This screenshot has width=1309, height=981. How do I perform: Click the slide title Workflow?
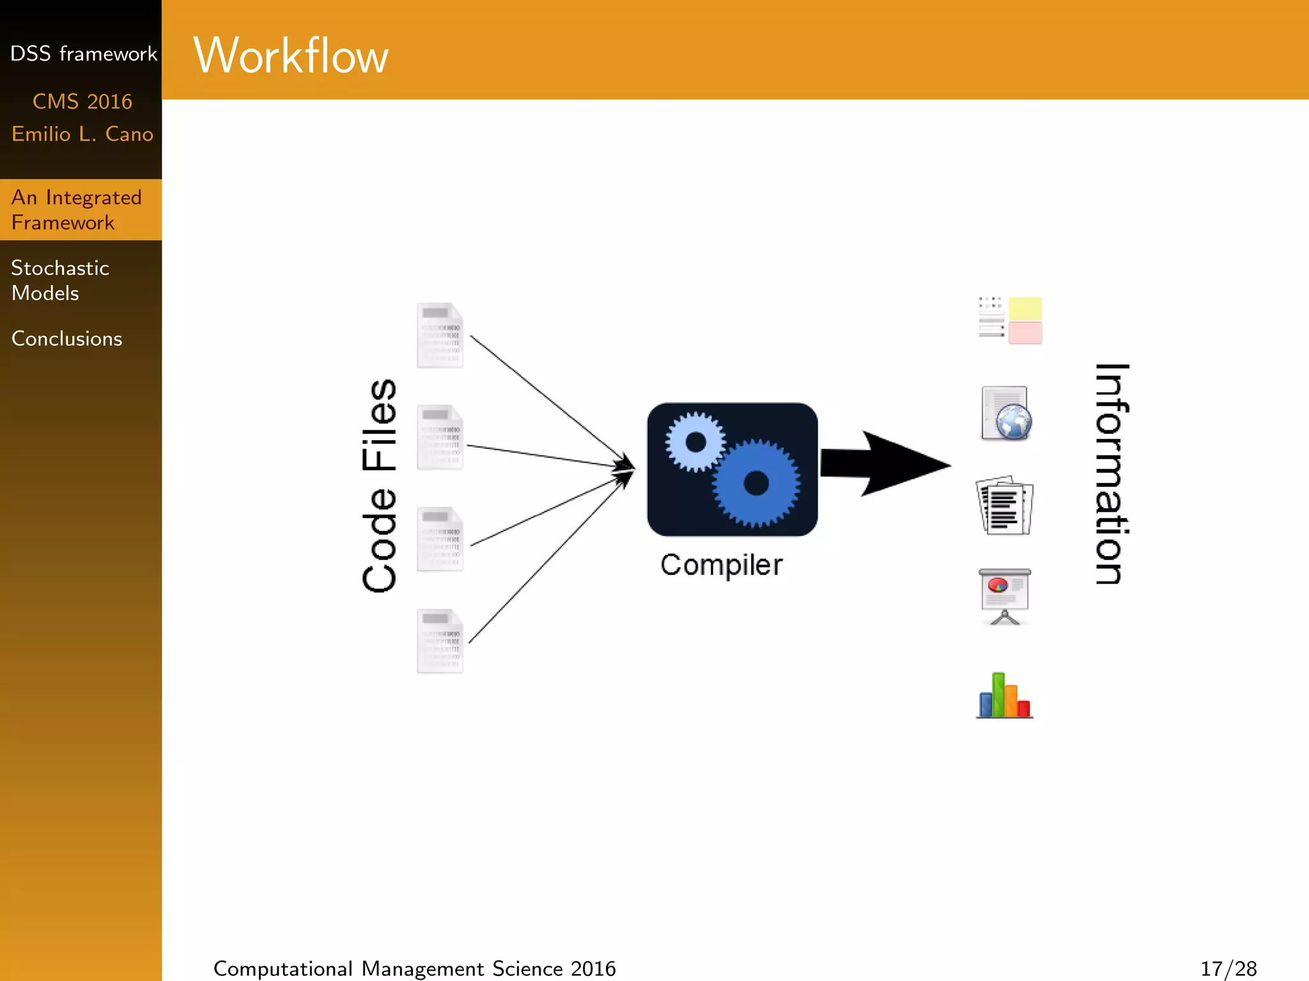[291, 56]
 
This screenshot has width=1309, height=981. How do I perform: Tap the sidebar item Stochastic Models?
[60, 280]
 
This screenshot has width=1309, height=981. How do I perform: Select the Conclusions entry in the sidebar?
[66, 338]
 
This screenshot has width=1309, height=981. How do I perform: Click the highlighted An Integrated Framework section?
[76, 209]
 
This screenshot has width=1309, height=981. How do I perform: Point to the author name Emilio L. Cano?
[82, 134]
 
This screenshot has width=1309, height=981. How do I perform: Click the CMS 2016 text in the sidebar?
[82, 102]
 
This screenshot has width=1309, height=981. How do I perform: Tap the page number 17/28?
[1228, 968]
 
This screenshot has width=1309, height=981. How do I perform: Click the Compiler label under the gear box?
[721, 565]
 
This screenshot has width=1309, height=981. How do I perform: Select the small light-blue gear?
[695, 442]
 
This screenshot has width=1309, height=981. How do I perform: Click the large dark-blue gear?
[756, 483]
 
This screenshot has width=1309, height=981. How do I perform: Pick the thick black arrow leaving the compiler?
[885, 464]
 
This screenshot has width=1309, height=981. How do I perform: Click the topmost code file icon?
[440, 335]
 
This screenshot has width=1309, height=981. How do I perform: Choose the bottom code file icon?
[440, 641]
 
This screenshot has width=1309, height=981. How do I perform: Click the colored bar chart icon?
[1005, 696]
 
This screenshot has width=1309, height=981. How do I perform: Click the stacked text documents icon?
[1005, 505]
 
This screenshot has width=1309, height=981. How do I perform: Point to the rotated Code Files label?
[379, 485]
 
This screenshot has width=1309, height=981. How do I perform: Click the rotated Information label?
[1111, 474]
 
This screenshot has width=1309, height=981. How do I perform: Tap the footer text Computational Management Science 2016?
[414, 968]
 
